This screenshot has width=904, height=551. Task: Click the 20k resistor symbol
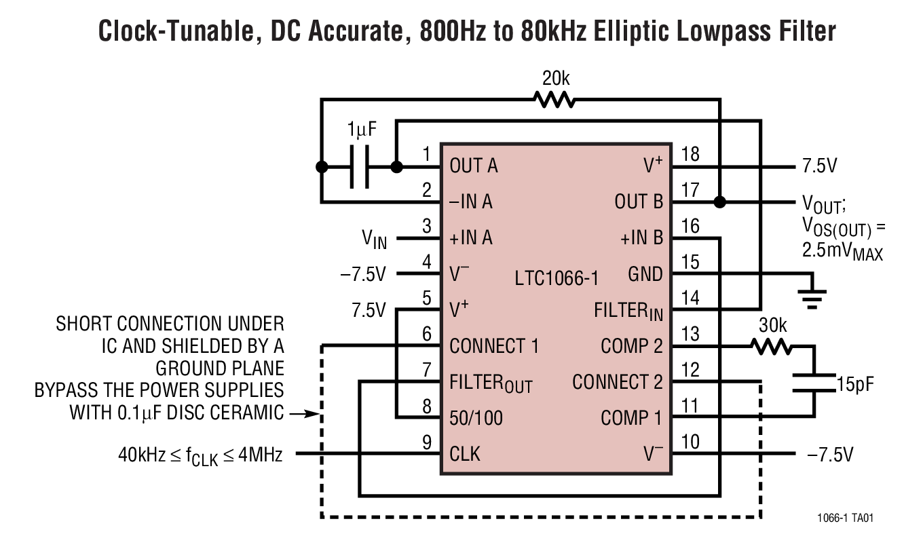(554, 100)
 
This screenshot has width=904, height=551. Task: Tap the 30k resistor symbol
(771, 347)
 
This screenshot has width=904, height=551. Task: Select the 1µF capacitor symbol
(359, 166)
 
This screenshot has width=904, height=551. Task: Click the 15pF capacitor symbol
(813, 383)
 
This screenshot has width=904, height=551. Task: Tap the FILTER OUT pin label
(491, 383)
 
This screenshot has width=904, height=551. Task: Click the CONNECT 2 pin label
(617, 382)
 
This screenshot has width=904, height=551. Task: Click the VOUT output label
(823, 202)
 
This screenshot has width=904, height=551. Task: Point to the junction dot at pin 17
(720, 202)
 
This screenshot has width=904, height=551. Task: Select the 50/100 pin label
(476, 418)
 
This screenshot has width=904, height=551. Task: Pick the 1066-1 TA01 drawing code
(845, 518)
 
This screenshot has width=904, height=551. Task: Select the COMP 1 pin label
(630, 418)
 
